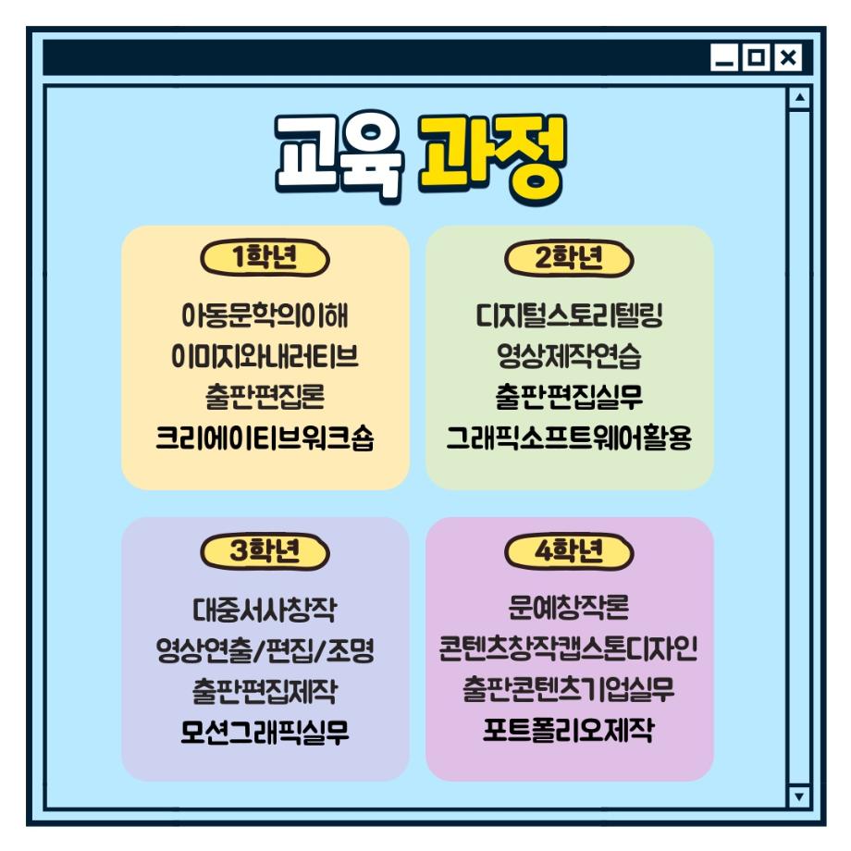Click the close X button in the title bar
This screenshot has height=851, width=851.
787,58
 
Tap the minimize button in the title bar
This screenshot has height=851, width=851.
724,58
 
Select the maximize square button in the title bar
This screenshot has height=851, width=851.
756,58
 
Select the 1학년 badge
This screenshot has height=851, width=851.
265,258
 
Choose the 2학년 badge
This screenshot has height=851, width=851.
569,258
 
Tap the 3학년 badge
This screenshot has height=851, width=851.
265,551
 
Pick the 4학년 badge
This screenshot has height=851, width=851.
569,551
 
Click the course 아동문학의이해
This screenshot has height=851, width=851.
265,315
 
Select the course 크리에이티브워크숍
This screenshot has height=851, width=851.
265,438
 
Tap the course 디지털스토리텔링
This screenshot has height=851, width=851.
569,315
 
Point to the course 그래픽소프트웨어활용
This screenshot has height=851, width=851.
569,438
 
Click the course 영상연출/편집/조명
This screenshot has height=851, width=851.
265,650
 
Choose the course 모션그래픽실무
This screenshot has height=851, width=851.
265,732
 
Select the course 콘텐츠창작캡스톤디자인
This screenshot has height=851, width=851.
569,650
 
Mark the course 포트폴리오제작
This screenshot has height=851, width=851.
569,732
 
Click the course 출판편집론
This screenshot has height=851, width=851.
265,397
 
